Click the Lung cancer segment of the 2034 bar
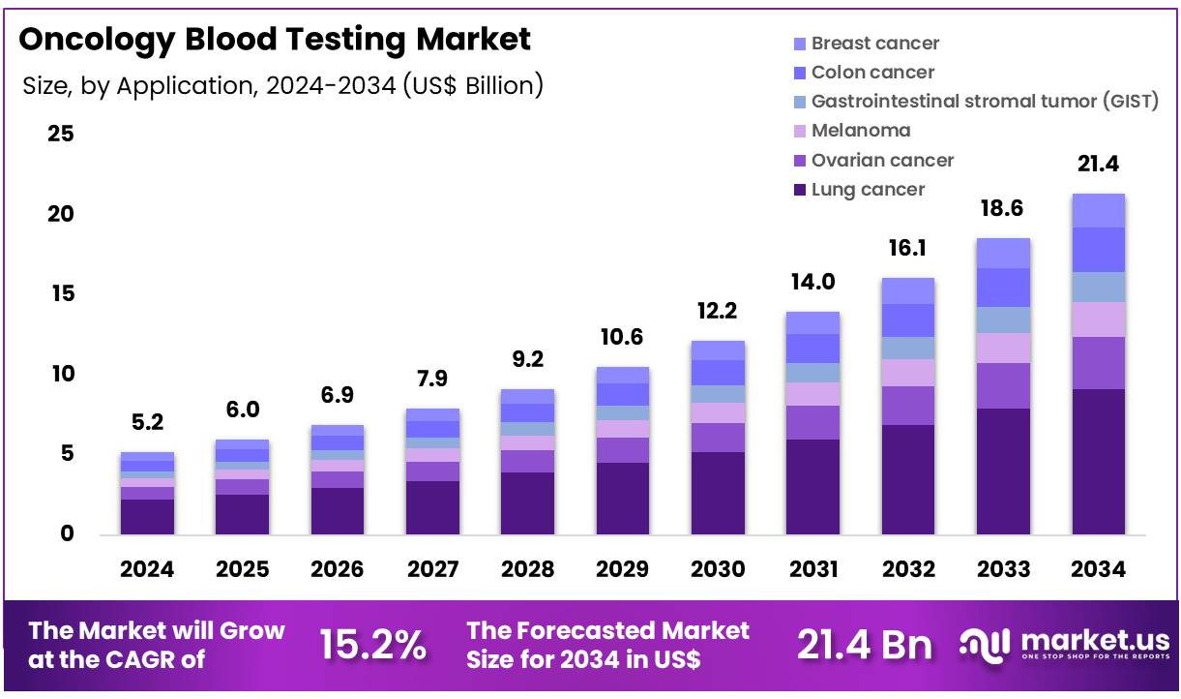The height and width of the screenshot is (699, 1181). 1098,461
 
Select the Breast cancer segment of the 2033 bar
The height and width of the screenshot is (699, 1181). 1003,253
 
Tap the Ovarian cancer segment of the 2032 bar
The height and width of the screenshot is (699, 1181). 907,405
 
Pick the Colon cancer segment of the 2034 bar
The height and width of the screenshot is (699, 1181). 1098,249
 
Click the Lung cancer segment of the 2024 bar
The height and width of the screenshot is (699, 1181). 147,516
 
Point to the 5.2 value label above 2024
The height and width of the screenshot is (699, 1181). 147,422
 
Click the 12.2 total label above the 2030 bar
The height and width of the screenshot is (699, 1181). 718,311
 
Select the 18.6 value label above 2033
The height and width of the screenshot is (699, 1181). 1003,208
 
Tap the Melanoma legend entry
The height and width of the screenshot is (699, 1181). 860,131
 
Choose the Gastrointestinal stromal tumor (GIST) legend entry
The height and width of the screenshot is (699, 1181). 984,101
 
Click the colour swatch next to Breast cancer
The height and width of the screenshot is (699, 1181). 799,44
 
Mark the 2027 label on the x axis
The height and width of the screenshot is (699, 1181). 432,569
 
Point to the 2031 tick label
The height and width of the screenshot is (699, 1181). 812,569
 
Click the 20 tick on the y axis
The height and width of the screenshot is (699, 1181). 61,214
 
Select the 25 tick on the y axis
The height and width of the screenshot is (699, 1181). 61,134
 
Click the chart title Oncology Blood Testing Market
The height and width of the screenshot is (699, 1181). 275,40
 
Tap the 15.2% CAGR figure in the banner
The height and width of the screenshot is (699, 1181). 372,645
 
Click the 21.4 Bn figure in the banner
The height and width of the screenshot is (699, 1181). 865,645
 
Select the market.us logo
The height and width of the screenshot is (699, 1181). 1064,645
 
